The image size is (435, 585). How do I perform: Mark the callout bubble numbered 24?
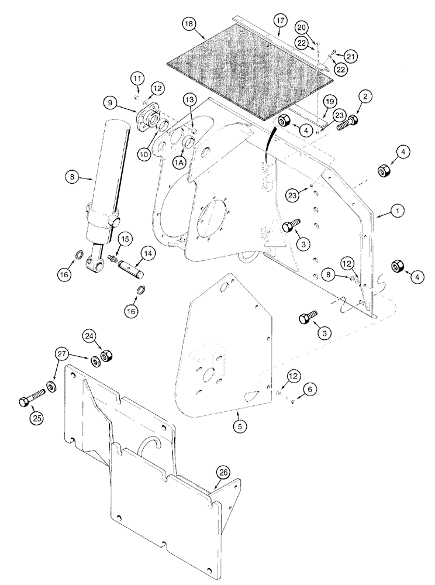point(106,337)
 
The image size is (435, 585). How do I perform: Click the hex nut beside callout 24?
point(107,356)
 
